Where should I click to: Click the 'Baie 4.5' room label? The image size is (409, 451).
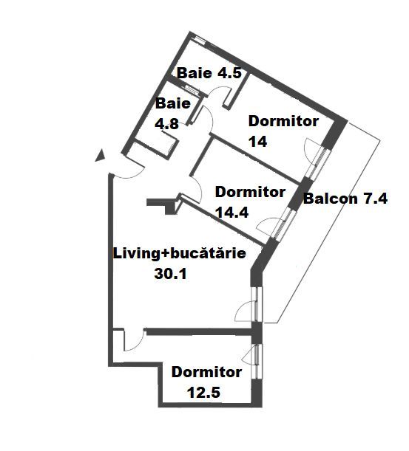204,74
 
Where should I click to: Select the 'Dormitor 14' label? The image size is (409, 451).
283,131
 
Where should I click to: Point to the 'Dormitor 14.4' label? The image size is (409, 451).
249,202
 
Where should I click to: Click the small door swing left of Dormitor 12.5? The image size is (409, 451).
132,340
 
